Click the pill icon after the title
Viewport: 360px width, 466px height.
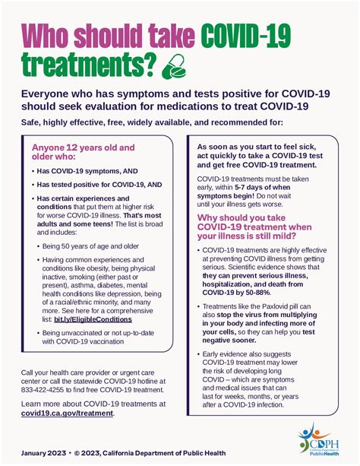tap(177, 67)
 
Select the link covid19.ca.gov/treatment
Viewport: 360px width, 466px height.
tap(68, 413)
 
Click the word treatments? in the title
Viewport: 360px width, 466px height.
tap(86, 67)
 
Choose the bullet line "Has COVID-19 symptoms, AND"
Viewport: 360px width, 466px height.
tap(84, 171)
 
